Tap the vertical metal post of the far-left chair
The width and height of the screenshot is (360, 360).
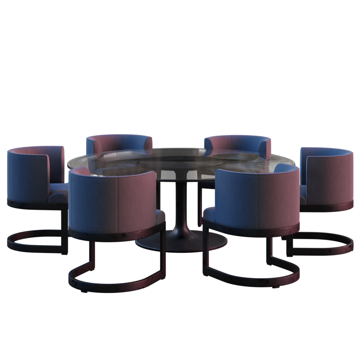pos(64,229)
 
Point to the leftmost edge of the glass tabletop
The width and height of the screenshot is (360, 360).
pos(68,163)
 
